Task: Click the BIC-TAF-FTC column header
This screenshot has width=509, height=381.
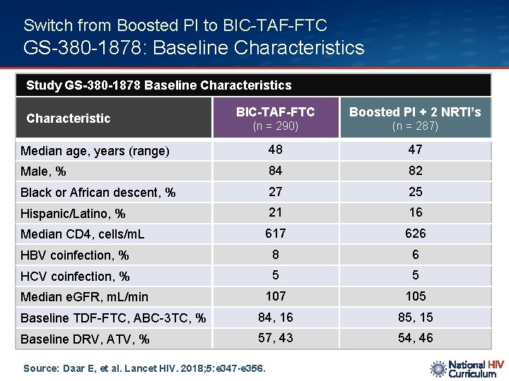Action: click(x=275, y=111)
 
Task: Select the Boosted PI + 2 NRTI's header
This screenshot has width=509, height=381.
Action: click(x=415, y=111)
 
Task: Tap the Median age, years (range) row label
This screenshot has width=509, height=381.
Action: click(x=95, y=151)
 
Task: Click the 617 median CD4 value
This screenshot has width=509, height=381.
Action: click(x=276, y=233)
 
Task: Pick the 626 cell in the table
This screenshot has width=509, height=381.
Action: click(x=416, y=233)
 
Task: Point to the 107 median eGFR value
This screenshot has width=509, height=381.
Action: click(x=276, y=296)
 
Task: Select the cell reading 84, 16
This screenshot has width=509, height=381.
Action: click(x=276, y=317)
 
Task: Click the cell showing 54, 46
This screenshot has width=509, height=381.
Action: click(x=416, y=338)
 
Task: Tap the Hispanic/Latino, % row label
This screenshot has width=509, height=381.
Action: click(x=73, y=213)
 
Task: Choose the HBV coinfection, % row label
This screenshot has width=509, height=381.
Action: click(x=75, y=255)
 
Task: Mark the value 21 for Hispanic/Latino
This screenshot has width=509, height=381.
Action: click(x=276, y=212)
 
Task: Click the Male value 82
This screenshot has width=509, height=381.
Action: click(x=416, y=170)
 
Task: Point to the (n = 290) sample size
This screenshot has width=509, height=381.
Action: click(x=275, y=126)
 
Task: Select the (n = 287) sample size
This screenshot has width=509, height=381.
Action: click(x=415, y=126)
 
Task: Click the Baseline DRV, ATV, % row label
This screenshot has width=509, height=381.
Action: click(x=85, y=339)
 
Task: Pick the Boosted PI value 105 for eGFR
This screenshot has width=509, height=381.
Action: click(x=416, y=296)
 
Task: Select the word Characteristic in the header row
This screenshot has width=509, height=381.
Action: click(x=69, y=119)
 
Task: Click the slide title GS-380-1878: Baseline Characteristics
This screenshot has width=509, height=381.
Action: click(x=194, y=48)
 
